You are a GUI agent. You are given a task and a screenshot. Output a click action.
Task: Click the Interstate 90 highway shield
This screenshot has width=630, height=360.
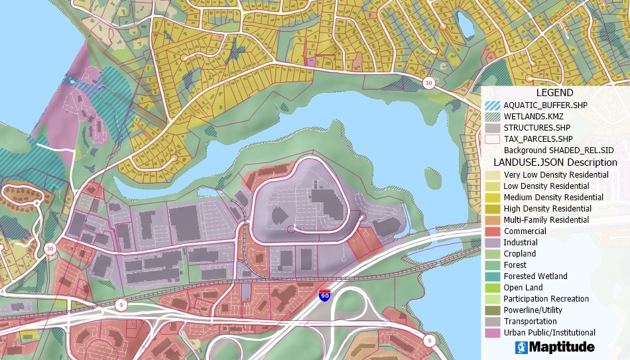(x=324, y=296)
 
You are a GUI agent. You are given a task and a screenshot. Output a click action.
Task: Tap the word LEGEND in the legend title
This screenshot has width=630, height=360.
(x=554, y=93)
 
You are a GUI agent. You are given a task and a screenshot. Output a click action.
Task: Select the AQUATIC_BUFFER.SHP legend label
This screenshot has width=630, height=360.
(x=545, y=105)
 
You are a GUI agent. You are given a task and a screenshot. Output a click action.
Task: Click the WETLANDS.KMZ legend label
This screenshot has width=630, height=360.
(x=533, y=116)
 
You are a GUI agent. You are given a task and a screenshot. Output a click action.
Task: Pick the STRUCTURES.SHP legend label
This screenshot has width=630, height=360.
(x=536, y=127)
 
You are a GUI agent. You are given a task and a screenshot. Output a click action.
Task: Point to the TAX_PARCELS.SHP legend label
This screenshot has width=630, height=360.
(x=538, y=139)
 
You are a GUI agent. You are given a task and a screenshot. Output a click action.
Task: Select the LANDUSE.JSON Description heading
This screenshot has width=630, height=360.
(x=555, y=162)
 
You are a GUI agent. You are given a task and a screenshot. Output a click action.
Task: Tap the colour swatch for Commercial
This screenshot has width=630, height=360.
(x=493, y=231)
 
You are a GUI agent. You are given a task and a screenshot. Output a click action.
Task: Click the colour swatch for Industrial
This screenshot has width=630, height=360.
(x=493, y=243)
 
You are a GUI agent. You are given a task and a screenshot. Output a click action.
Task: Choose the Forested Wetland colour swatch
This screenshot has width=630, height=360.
(x=493, y=276)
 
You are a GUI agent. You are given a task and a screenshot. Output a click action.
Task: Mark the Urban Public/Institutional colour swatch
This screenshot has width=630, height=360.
(x=493, y=333)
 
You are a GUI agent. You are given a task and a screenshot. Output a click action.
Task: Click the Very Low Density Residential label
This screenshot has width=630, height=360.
(x=556, y=175)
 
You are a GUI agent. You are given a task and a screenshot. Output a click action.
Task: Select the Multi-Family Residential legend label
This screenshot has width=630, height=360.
(x=546, y=220)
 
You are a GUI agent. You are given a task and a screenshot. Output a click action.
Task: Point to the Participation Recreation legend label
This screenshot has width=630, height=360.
(x=546, y=299)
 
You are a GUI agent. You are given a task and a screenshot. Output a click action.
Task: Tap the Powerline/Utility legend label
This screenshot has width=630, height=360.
(x=533, y=310)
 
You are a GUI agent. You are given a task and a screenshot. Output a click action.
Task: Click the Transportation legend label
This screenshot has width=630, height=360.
(x=530, y=322)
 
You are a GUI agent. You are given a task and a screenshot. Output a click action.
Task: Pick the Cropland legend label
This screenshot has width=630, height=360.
(x=519, y=254)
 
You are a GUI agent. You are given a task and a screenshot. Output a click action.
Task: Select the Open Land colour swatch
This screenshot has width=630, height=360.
(x=493, y=288)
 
